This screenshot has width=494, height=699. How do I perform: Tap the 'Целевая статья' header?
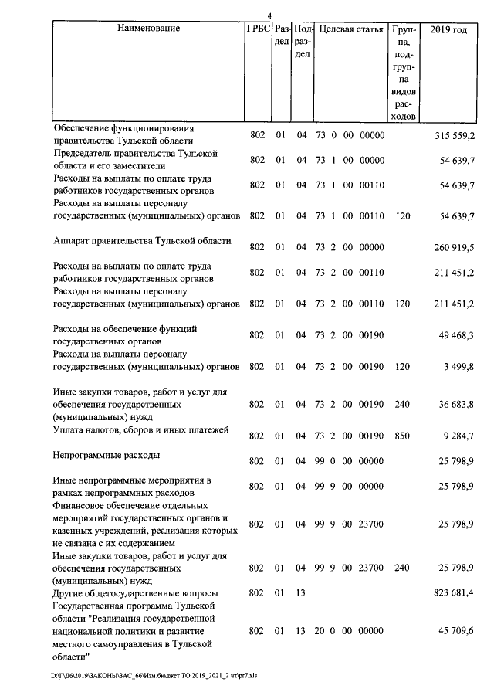(x=351, y=29)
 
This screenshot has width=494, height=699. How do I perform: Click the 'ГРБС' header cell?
(x=257, y=29)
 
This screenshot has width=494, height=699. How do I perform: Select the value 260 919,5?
(x=456, y=247)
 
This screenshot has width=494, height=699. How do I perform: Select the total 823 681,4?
(x=456, y=593)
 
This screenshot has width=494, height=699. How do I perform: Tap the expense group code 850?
(x=402, y=436)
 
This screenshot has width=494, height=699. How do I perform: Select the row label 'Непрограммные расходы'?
(x=107, y=456)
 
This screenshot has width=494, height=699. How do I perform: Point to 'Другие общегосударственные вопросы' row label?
(x=135, y=593)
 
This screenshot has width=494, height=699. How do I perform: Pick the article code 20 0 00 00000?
(x=350, y=631)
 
